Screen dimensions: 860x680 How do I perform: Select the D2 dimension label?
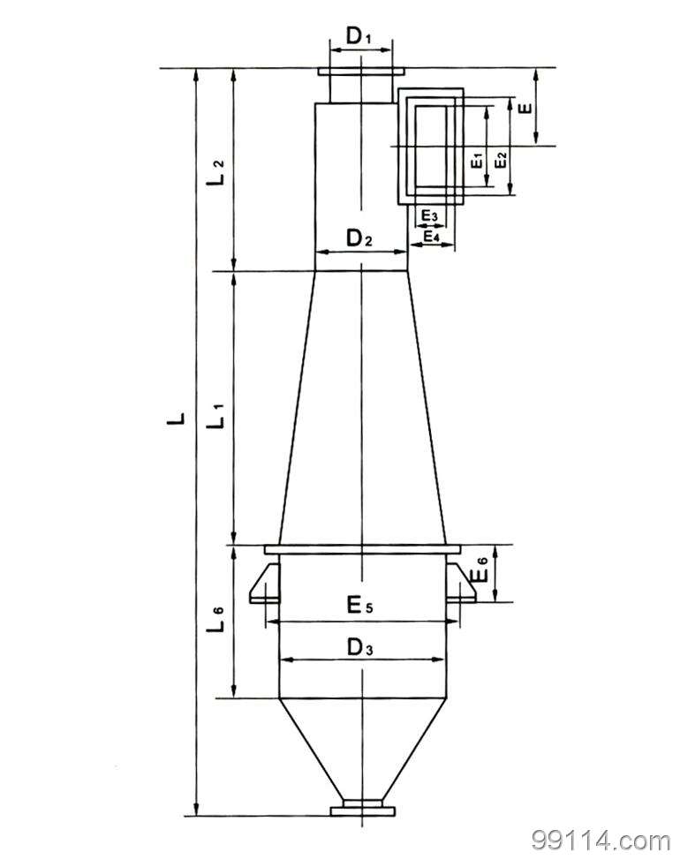click(x=360, y=238)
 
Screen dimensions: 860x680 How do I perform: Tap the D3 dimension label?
click(x=360, y=647)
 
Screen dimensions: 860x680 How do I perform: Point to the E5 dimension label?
click(x=359, y=606)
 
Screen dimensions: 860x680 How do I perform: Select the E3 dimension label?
click(x=428, y=215)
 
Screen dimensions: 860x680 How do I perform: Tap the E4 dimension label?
click(x=431, y=236)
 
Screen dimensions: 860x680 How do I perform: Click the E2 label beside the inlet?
click(x=501, y=161)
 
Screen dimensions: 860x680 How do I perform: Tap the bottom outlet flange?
click(x=361, y=809)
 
